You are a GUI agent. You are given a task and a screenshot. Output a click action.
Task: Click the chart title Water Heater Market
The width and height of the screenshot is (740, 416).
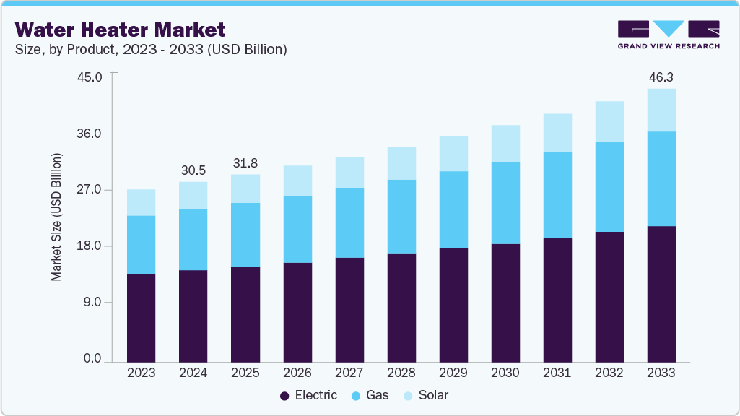pos(120,30)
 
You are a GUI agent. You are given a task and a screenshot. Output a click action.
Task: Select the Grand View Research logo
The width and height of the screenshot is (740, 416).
pos(668,34)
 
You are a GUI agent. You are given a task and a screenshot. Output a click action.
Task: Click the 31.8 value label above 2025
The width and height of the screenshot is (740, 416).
pos(245,162)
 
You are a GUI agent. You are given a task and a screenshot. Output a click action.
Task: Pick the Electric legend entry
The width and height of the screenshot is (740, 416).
pos(308,395)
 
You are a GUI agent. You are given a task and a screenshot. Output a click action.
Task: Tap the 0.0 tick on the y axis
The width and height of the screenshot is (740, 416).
pos(92,359)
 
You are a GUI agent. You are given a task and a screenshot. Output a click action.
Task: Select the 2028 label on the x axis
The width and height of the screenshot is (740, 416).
pos(401,373)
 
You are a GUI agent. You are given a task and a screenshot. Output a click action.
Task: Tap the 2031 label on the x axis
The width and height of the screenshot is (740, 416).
pos(557,373)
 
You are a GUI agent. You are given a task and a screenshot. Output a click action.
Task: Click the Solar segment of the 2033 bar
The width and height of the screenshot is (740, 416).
pos(661,110)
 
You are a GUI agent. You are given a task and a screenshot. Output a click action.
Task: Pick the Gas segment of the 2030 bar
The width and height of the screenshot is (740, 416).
pos(505,203)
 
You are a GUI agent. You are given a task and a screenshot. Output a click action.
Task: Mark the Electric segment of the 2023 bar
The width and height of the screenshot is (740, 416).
pos(141,318)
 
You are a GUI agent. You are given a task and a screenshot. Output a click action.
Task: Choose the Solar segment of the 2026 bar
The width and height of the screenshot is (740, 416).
pos(297,181)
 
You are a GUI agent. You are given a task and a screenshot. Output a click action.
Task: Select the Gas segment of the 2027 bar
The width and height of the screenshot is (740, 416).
pos(349,222)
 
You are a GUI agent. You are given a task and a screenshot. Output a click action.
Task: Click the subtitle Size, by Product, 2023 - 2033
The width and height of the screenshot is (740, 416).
pos(152,50)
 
